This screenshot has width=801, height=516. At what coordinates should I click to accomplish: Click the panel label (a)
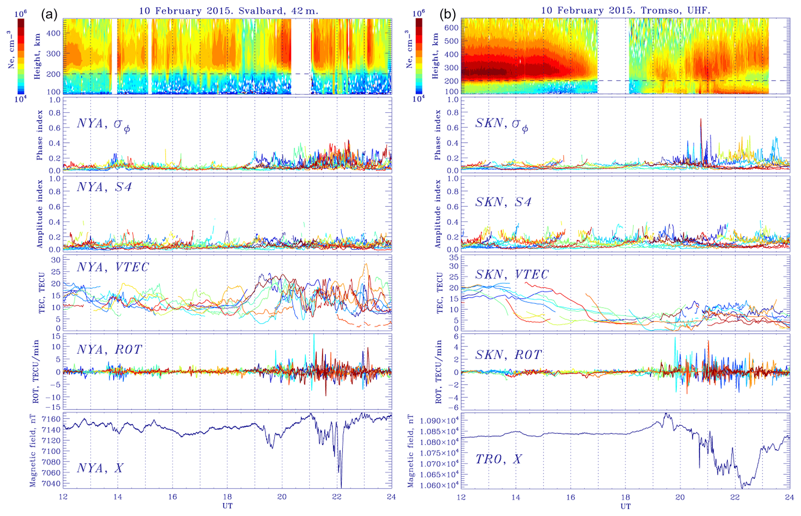tap(49, 15)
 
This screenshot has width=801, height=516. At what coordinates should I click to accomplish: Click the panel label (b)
tap(448, 15)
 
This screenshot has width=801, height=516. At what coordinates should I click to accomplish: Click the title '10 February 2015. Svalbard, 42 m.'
tap(229, 11)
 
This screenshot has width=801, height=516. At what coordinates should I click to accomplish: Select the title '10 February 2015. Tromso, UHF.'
tap(626, 10)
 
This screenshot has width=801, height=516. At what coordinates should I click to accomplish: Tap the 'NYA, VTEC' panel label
tap(113, 267)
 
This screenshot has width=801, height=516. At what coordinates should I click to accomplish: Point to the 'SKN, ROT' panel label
tap(508, 355)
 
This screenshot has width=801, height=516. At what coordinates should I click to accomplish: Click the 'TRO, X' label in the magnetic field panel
tap(498, 459)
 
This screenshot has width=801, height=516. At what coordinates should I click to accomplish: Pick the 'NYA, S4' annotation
tap(104, 187)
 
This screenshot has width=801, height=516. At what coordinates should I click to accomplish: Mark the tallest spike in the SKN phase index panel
tap(701, 120)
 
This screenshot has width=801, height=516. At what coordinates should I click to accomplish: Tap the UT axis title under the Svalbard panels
tap(227, 506)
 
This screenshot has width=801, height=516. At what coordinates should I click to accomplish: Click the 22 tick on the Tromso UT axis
tap(735, 497)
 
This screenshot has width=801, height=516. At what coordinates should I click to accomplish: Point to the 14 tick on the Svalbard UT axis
tap(118, 497)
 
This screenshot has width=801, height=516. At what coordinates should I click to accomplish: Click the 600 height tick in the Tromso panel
tap(451, 27)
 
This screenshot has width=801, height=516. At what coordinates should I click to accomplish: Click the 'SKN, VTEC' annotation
tap(512, 274)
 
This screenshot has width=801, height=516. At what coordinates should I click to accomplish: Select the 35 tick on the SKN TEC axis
tap(453, 257)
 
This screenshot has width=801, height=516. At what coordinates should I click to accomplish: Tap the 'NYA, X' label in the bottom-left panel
tap(100, 468)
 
